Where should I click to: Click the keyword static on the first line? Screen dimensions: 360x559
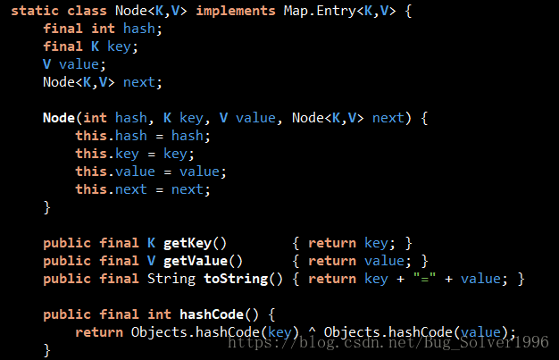pos(35,12)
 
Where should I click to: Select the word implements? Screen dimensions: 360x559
pos(236,12)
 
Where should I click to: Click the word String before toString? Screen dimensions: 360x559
pos(171,279)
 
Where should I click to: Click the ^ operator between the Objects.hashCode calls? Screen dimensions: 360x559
pos(313,332)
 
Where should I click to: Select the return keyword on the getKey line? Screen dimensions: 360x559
pos(332,243)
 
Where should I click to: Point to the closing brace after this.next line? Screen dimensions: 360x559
pos(47,207)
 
